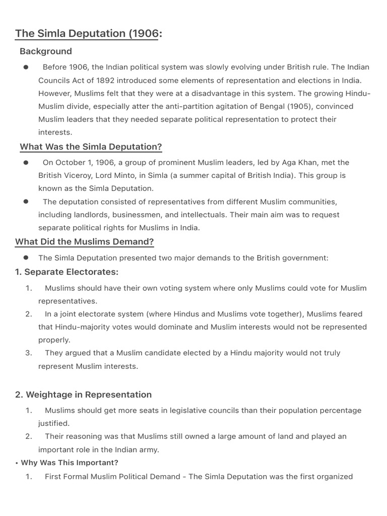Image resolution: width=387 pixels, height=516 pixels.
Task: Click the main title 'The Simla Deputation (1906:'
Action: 89,34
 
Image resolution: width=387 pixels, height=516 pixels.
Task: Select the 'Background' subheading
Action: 46,51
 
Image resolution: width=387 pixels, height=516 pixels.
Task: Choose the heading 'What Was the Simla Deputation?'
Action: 91,147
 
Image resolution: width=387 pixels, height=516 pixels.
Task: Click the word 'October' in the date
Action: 71,162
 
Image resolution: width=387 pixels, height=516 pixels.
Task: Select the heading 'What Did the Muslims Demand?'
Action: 85,242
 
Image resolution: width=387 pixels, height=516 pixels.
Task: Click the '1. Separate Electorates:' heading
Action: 67,272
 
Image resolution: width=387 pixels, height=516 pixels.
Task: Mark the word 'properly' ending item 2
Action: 53,340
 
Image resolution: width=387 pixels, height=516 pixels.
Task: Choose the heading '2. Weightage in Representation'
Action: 83,395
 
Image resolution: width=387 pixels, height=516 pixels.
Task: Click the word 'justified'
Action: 53,423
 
